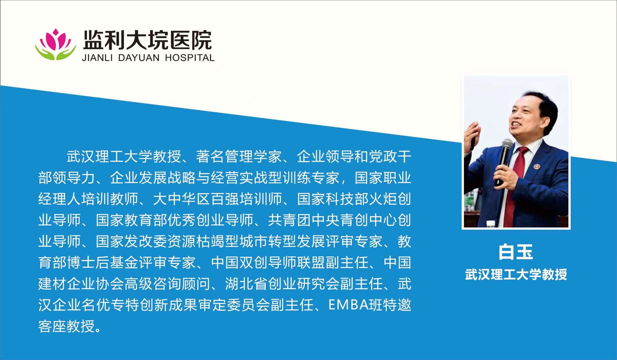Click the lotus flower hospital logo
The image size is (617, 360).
55,44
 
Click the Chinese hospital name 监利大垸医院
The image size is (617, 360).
147,40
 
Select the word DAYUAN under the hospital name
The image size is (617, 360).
139,58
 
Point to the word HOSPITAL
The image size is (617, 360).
190,58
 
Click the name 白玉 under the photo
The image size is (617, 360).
516,252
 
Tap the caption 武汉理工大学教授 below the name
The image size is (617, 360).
516,274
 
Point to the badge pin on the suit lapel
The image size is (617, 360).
537,166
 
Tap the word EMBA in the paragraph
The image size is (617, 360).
349,305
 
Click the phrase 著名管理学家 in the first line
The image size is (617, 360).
238,156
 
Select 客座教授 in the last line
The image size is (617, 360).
66,326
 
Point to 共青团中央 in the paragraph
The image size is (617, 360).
304,220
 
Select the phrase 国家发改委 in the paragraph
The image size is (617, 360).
132,241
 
